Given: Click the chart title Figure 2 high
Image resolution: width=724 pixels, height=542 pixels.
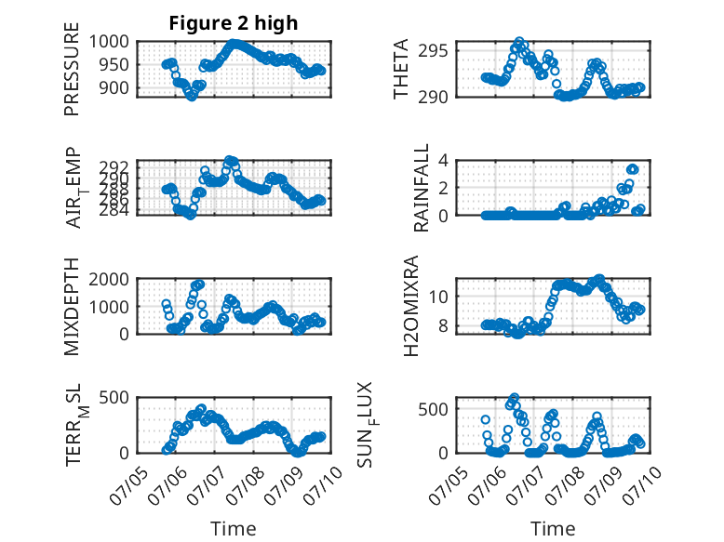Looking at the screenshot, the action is [x=234, y=23].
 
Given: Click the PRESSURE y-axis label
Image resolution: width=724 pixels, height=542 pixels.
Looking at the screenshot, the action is [x=72, y=69].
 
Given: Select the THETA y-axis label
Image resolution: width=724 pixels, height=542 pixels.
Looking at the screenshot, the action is [x=401, y=69].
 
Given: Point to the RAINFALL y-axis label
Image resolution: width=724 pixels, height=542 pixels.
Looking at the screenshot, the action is [x=422, y=188].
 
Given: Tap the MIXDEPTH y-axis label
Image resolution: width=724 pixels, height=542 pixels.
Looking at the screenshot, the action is [x=72, y=306].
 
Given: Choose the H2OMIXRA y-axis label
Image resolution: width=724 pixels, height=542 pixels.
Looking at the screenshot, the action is [x=410, y=306].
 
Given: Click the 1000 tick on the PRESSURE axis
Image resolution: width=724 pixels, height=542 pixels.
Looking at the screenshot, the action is [x=109, y=42].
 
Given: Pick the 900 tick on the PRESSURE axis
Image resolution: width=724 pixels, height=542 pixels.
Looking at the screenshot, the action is [x=114, y=87].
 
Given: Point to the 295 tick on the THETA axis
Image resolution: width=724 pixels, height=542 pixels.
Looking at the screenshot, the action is [x=433, y=51].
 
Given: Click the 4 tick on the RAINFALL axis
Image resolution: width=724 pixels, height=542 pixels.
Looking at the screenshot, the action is [x=444, y=161].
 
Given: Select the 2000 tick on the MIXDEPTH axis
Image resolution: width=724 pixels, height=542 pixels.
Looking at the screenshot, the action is [x=109, y=279].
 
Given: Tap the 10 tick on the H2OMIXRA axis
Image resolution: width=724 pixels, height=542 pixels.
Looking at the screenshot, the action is [x=438, y=297].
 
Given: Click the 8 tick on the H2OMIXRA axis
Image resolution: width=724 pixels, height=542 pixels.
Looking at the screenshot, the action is [x=444, y=325].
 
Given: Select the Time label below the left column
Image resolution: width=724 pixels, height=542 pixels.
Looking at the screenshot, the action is [x=234, y=529].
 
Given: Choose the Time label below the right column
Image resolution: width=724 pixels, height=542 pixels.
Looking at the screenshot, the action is [x=553, y=529].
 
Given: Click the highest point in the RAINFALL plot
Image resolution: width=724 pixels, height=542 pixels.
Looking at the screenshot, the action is [x=632, y=169].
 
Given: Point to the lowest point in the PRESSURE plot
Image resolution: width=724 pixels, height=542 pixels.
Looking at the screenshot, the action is [x=192, y=97].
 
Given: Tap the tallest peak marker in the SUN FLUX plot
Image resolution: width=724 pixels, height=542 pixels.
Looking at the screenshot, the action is [x=515, y=398].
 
